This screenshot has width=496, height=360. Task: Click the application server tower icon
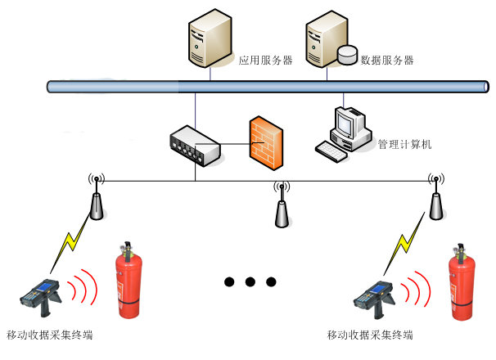pos(209,39)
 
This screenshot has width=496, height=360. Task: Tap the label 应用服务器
pos(265,61)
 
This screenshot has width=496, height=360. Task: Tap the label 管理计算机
pos(404,145)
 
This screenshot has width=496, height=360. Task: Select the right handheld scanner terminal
pos(376,299)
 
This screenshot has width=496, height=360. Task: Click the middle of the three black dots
pos(250,282)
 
